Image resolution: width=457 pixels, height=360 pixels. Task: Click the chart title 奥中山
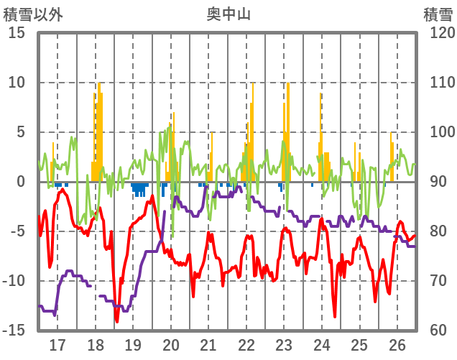tap(228, 14)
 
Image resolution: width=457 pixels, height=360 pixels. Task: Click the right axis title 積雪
tap(438, 14)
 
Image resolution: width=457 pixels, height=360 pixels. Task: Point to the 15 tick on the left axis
tap(18, 33)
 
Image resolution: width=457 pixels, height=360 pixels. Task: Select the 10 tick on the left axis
tap(18, 83)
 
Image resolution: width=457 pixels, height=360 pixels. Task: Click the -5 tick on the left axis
tap(18, 231)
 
